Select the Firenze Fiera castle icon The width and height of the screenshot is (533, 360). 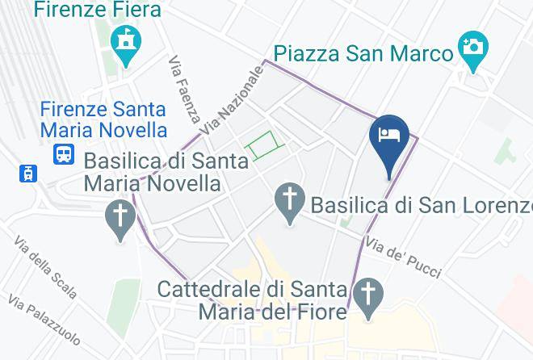[126, 41]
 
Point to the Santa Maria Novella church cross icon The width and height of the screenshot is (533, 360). [121, 216]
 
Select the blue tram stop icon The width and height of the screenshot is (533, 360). [28, 172]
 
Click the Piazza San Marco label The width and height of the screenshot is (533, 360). [363, 53]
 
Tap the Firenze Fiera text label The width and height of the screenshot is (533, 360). [98, 11]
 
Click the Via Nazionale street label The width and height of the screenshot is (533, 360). [233, 101]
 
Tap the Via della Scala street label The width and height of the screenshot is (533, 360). [45, 266]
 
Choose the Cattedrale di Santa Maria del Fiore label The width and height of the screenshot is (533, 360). [252, 299]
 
